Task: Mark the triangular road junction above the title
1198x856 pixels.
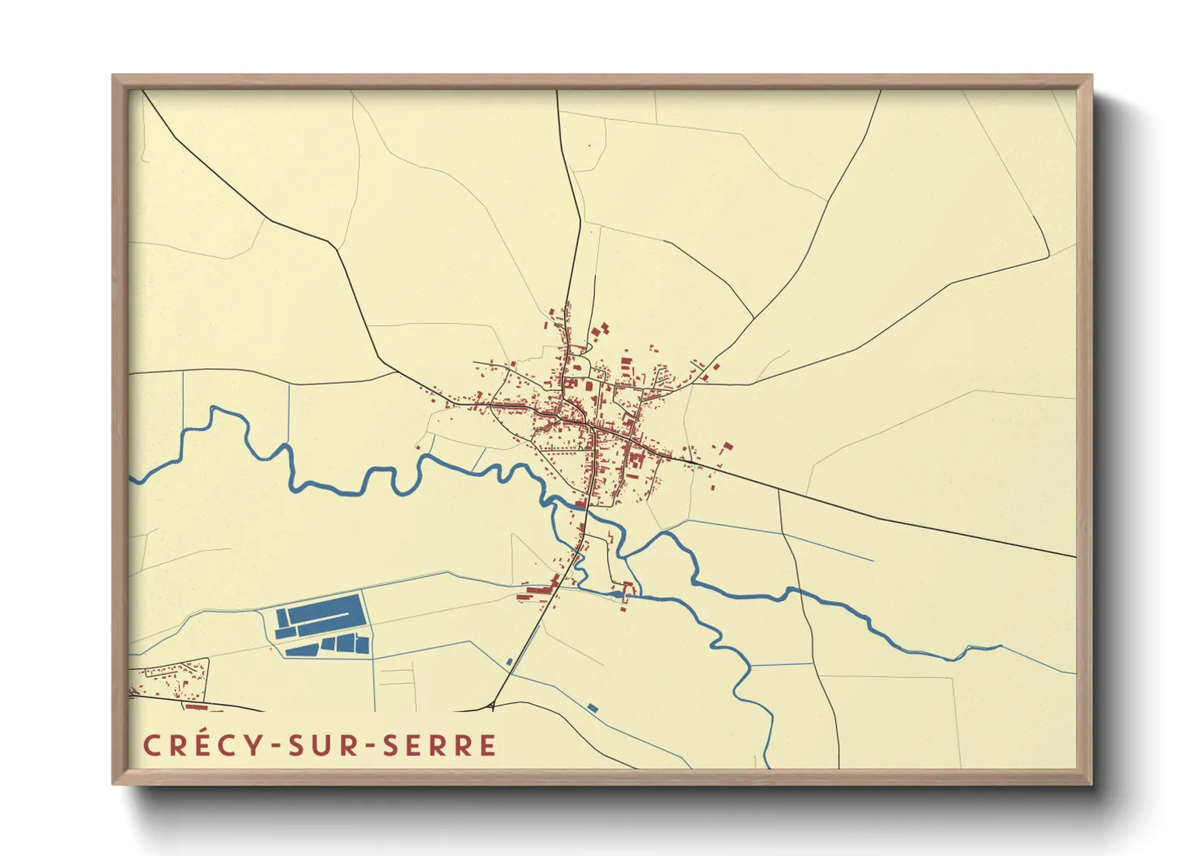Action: [x=493, y=707]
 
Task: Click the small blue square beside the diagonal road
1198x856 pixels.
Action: [x=509, y=662]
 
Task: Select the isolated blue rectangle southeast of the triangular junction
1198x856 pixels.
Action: [x=593, y=708]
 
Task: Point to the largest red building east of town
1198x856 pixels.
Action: [x=726, y=447]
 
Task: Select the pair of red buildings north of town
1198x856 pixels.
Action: [x=601, y=330]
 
